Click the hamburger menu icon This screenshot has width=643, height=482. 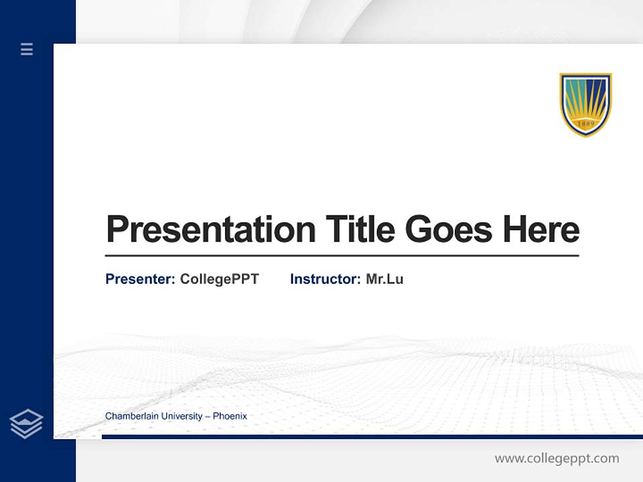pos(27,49)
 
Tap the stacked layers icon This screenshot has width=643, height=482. pos(26,424)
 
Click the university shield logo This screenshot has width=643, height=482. pos(585,104)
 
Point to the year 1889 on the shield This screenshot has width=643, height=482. pos(585,125)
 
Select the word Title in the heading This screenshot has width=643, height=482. pos(360,230)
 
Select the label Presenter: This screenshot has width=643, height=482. pos(140,279)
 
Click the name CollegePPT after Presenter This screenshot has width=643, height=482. pos(219,279)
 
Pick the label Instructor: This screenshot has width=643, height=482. pos(325,279)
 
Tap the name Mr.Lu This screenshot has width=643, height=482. pos(384,279)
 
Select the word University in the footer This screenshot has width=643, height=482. pos(179,416)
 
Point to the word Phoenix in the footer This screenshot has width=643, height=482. pos(230,416)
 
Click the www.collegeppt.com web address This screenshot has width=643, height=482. pos(557,459)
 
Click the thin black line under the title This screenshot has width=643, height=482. pos(342,256)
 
